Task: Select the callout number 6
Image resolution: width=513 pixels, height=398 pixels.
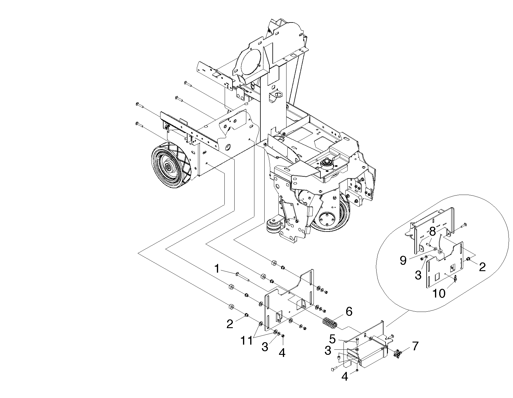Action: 349,312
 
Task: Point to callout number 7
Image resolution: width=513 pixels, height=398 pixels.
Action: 415,346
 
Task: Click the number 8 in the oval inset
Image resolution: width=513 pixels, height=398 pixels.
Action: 432,232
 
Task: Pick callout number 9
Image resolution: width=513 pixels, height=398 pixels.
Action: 403,260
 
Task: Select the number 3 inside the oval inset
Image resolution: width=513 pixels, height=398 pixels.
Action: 418,275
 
